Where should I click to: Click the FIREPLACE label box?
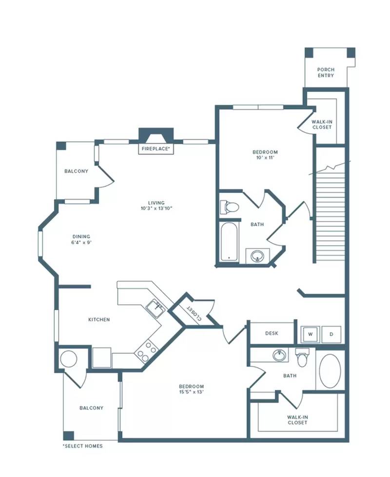[x=156, y=149]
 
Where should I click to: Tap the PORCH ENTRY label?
[x=326, y=72]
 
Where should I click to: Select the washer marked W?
[x=310, y=334]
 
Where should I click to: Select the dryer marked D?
[x=331, y=334]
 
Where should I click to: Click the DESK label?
[x=272, y=333]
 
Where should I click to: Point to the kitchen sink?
[x=156, y=308]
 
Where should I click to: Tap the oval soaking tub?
[x=330, y=371]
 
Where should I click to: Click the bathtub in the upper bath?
[x=229, y=242]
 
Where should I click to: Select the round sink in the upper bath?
[x=257, y=256]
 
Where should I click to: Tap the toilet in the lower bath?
[x=302, y=358]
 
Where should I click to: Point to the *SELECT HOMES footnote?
[x=82, y=446]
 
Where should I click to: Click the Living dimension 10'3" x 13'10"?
[x=156, y=208]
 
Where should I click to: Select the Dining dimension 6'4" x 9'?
[x=81, y=243]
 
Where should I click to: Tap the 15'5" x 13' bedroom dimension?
[x=192, y=392]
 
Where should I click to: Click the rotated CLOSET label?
[x=194, y=313]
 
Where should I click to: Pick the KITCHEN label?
[x=99, y=319]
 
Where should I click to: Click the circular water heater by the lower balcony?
[x=69, y=359]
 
